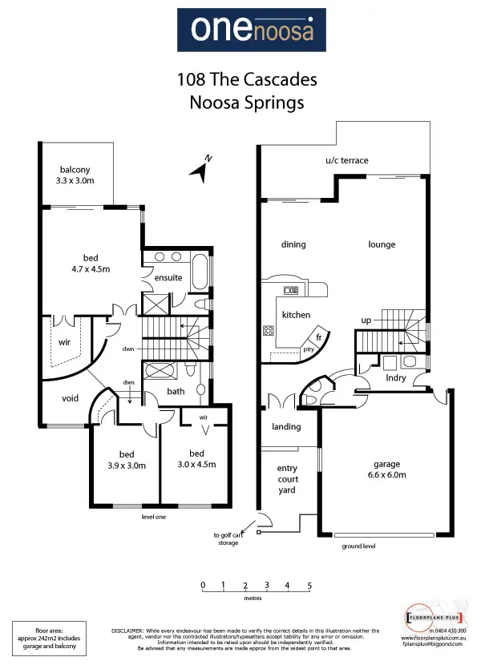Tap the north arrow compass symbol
200,167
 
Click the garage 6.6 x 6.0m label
385,469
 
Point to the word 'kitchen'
296,315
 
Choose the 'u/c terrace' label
346,160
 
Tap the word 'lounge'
382,244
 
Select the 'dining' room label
293,244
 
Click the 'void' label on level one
70,398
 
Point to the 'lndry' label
396,377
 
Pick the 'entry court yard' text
287,479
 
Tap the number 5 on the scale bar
309,586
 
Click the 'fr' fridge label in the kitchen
318,337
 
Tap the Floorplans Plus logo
433,619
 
